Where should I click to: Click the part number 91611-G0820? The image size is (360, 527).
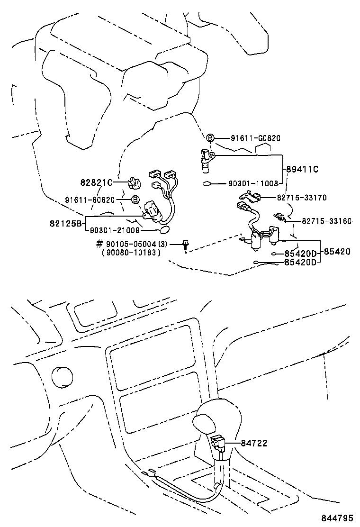coord(256,138)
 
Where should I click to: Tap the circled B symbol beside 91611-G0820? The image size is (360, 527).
coord(210,138)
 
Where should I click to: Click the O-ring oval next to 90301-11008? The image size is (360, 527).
coord(207,184)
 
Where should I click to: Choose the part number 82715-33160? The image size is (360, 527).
coord(327,221)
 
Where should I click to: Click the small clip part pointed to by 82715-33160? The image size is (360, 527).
coord(282,218)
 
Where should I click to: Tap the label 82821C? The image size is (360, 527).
coord(96,182)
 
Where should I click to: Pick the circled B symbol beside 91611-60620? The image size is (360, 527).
coord(135,200)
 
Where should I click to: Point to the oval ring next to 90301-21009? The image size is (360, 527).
coord(163,230)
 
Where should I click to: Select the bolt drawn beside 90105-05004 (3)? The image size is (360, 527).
coord(185,245)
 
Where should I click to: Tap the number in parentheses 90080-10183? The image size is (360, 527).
coord(131,253)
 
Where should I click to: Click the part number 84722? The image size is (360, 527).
coord(254,444)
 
